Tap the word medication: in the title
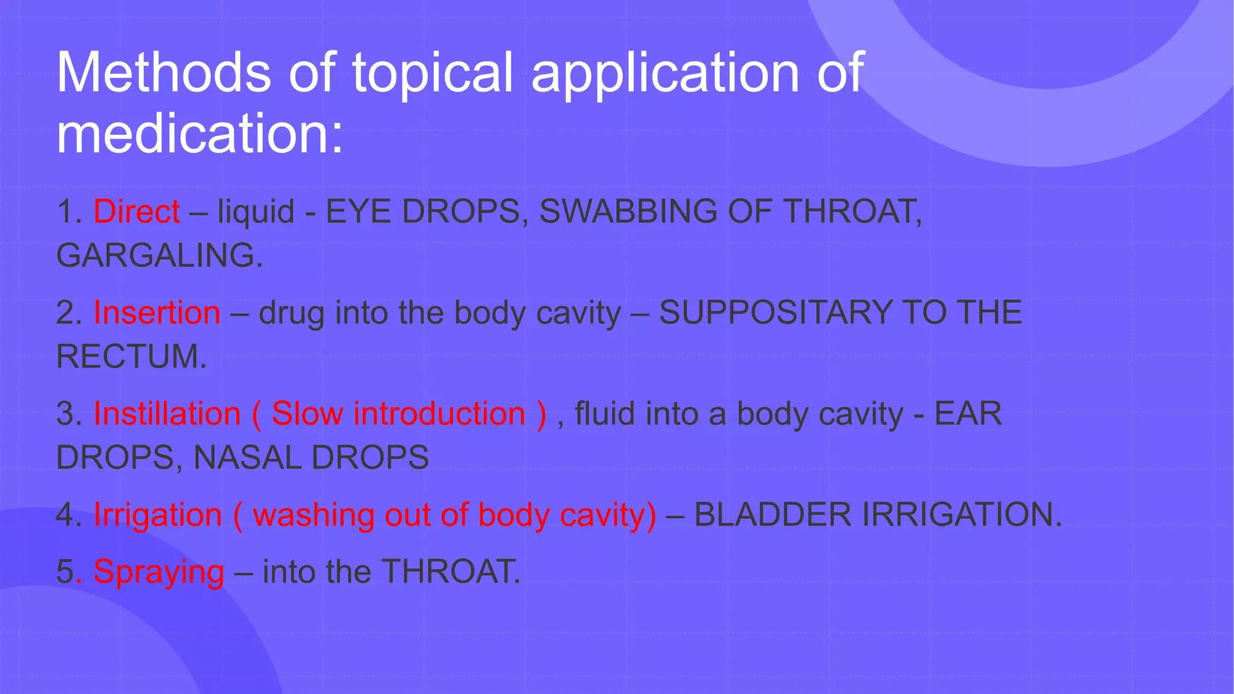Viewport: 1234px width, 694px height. click(199, 133)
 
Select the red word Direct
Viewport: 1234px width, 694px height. click(137, 211)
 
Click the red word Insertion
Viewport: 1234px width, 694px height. click(157, 313)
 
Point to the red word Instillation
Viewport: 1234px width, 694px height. click(167, 414)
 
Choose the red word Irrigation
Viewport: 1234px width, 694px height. click(158, 515)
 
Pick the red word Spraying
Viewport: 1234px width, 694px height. click(158, 572)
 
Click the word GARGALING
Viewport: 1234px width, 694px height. click(159, 255)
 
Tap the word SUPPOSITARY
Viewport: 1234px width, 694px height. click(775, 313)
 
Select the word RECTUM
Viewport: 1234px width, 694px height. click(131, 357)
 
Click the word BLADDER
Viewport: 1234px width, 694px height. click(773, 515)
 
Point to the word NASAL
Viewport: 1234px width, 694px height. click(247, 458)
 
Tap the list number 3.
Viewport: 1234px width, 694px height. click(69, 414)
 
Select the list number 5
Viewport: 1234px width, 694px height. click(65, 572)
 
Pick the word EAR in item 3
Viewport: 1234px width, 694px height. click(968, 414)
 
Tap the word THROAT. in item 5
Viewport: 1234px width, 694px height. click(451, 572)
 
